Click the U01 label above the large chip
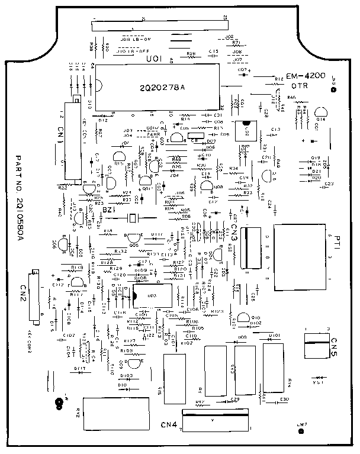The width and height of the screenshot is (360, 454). pyautogui.click(x=153, y=59)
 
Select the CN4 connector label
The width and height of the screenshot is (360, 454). pyautogui.click(x=169, y=424)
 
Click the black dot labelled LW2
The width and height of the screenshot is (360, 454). pyautogui.click(x=301, y=431)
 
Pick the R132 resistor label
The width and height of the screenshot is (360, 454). pyautogui.click(x=120, y=252)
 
